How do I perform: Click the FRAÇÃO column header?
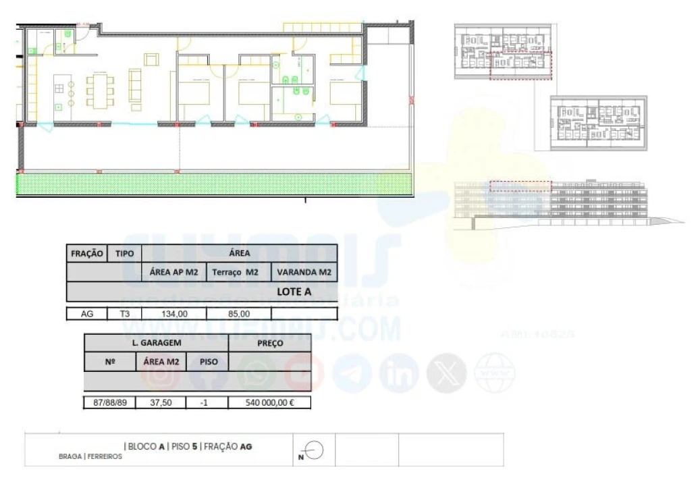86,254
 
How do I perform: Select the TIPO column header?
125,254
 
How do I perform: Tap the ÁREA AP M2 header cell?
173,273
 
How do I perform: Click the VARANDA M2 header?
304,273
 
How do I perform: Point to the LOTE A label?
294,292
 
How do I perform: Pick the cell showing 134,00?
173,313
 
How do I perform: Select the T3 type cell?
125,313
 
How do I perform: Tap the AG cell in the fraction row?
86,313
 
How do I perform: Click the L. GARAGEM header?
156,343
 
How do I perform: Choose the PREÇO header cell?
270,343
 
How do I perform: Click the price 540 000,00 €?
270,403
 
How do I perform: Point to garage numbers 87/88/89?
109,403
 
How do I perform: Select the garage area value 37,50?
161,403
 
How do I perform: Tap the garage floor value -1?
208,403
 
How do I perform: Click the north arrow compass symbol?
315,450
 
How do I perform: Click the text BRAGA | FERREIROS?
90,456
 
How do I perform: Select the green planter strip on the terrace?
215,184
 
